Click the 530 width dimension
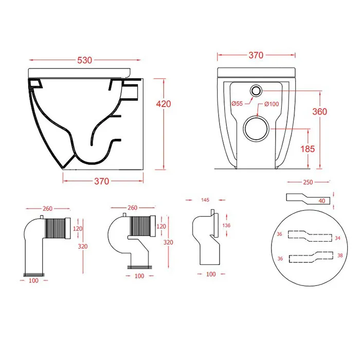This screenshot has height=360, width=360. click(85, 60)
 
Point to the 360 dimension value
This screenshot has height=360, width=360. click(319, 111)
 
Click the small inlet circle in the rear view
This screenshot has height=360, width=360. click(256, 91)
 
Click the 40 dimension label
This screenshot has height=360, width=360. click(321, 201)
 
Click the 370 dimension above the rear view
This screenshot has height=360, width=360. click(256, 55)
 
